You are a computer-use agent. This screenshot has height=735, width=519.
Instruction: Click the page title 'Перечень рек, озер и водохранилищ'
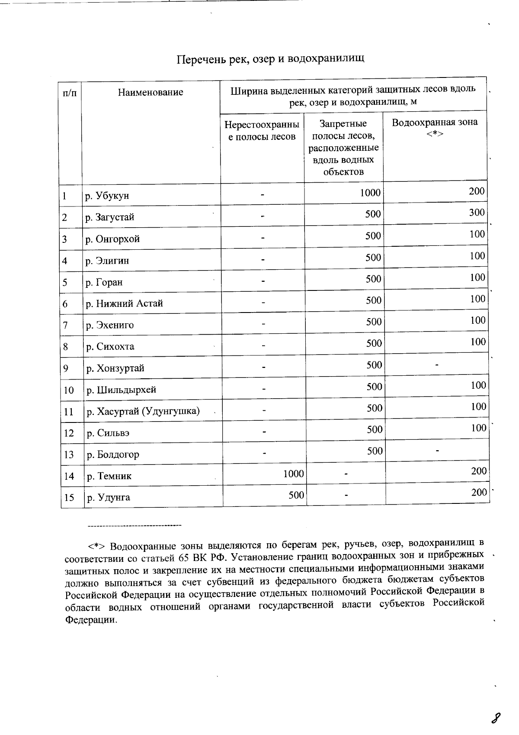point(271,59)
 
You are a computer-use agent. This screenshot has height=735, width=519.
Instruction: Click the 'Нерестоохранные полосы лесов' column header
point(262,131)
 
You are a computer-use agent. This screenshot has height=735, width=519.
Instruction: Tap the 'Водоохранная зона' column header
point(435,122)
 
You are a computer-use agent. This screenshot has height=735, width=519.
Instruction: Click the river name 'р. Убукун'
point(107,196)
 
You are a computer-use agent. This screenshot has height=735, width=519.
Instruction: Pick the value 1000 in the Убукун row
point(370,193)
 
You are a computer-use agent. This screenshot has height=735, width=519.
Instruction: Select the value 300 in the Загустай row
point(477,213)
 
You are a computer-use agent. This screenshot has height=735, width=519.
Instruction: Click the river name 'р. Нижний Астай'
point(125,303)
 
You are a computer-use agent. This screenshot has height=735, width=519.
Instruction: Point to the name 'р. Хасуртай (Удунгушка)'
point(143,411)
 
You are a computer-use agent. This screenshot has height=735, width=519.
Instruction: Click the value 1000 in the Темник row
point(294,474)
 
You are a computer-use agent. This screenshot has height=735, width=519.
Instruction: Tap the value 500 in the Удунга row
point(296,495)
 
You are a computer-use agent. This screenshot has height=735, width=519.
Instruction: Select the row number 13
point(69,455)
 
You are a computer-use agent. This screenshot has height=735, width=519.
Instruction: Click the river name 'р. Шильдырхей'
point(121,390)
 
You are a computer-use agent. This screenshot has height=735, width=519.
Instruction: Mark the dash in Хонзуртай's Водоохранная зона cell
point(437,365)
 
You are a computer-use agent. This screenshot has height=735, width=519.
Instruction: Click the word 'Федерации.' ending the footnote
point(91,620)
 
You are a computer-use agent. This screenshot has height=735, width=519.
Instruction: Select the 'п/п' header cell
point(70,93)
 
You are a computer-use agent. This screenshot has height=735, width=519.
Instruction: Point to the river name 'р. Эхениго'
point(110,325)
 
